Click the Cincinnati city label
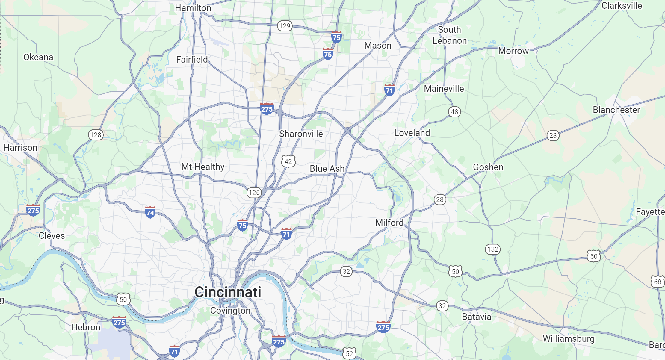point(228,292)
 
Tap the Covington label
point(230,311)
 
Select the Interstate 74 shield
point(150,212)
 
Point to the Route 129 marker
point(285,26)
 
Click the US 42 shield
point(288,161)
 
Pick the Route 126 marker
point(254,193)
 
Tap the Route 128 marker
point(96,135)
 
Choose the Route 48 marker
point(454,112)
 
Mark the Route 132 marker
point(493,249)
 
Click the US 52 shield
point(349,353)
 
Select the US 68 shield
point(657,282)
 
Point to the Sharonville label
point(301,134)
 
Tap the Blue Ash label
point(327,169)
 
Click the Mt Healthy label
point(203,167)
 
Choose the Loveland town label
point(412,133)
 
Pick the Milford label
point(389,223)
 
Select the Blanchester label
point(616,110)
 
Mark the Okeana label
point(38,57)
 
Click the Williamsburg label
point(569,339)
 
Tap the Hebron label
point(86,327)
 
